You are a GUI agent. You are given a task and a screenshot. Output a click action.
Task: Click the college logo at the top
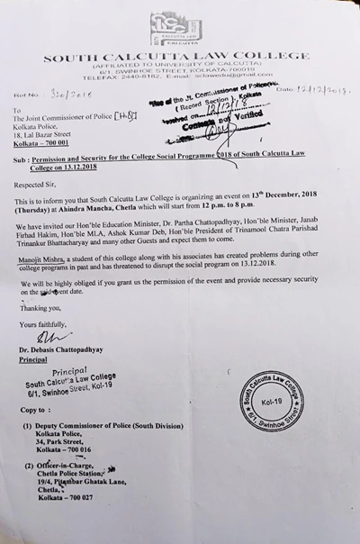pyautogui.click(x=175, y=30)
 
